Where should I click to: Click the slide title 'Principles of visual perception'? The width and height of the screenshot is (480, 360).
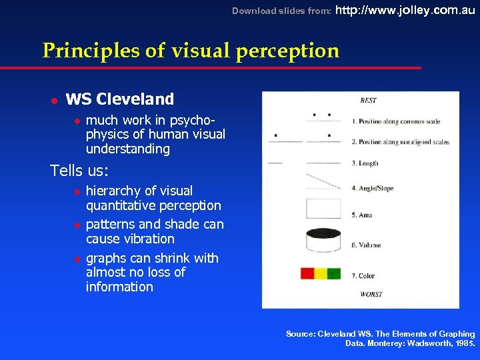point(190,51)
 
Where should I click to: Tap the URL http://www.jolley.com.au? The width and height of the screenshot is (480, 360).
point(405,10)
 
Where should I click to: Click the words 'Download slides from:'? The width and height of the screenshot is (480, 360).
point(280,11)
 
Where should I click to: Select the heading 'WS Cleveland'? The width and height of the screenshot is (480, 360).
point(119,99)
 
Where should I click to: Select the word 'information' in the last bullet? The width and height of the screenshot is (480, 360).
point(119,287)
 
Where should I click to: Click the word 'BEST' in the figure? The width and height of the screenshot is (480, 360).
point(368,101)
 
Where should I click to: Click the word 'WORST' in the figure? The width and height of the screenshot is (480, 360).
point(371,294)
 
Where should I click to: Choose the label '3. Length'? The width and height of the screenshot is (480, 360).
point(365,163)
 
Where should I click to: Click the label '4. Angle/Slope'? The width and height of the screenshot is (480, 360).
point(372,189)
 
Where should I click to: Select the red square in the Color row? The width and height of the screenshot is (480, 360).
point(307,273)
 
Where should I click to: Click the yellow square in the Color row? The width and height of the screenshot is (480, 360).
point(321,273)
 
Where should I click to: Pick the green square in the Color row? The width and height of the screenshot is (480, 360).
point(334,273)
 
